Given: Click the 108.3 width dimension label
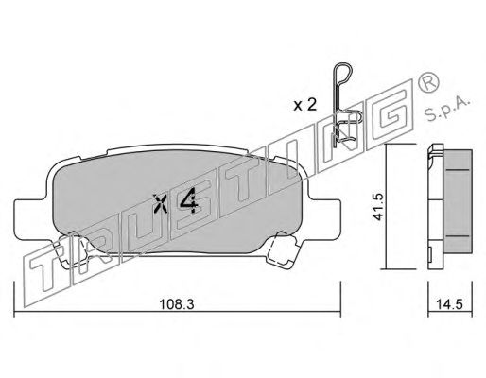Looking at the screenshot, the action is coord(176,304).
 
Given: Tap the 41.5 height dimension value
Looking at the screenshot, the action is coord(377,207).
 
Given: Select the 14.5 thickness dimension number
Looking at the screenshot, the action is coord(449,304).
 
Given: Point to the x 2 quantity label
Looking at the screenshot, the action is coord(304,105).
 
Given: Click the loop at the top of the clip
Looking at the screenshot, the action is coord(343,74).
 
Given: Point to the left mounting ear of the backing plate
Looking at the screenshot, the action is coord(31,218).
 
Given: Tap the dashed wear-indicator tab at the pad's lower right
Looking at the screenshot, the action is coord(282,249).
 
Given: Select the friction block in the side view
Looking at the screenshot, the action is coord(457,201).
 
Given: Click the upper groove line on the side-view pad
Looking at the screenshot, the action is coord(458,170).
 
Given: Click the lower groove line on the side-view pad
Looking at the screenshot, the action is coord(458,236).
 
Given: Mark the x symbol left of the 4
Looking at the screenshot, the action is coord(161,203).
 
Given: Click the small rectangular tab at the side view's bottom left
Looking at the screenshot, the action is coord(429,254).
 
